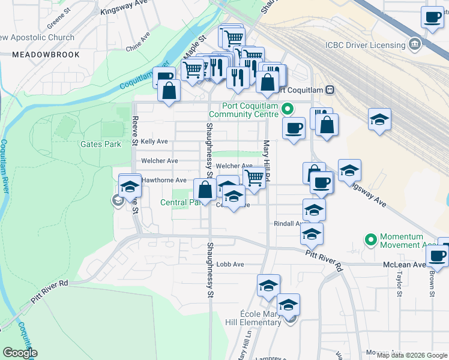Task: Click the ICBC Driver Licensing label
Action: point(365,45)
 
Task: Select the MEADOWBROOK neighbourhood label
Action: point(37,55)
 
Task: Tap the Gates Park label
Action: point(101,144)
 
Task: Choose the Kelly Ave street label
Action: point(154,142)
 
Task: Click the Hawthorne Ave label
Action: point(164,180)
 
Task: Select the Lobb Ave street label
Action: point(231,264)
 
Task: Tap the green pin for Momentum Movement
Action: point(371,240)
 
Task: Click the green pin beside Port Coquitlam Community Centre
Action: point(287,109)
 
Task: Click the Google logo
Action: point(20,353)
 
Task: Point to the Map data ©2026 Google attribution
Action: point(411,355)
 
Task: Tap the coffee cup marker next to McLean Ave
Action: point(438,255)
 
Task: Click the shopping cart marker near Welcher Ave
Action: point(255,178)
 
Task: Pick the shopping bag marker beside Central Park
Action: point(206,190)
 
